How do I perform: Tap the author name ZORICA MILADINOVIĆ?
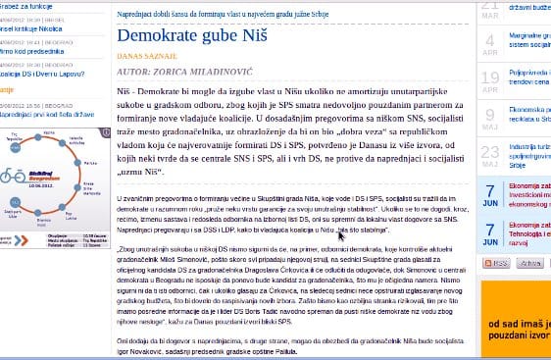click(212, 73)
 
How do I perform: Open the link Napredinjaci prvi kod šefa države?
click(47, 114)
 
